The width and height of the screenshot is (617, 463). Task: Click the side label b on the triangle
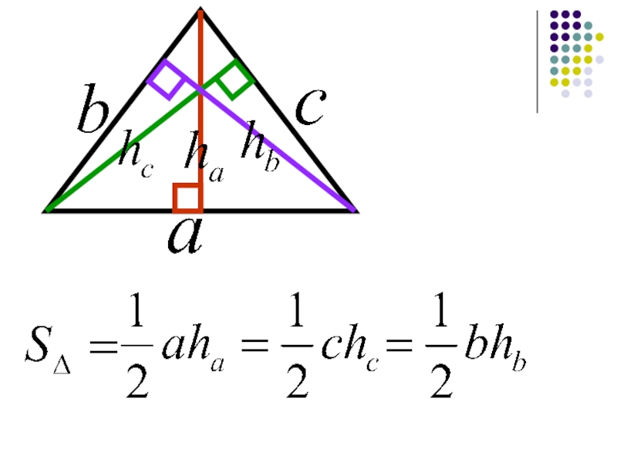click(92, 115)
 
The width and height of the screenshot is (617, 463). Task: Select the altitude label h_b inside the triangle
click(258, 146)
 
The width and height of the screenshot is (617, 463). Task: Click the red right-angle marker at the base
click(187, 198)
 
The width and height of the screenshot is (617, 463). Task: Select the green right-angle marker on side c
click(234, 79)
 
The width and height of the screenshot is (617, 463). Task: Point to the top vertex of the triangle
click(201, 10)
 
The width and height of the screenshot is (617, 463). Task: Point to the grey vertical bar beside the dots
click(538, 62)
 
